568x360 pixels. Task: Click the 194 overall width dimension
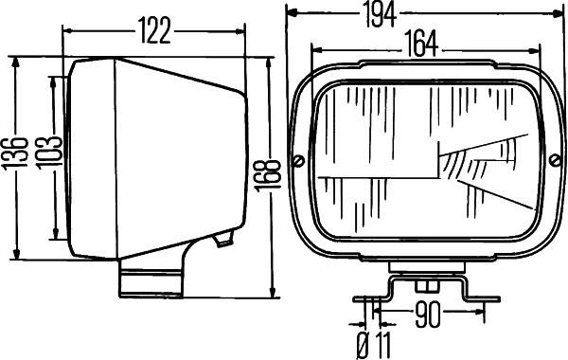tap(408, 13)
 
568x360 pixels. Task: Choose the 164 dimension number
tap(422, 45)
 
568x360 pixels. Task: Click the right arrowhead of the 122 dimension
tap(247, 31)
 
